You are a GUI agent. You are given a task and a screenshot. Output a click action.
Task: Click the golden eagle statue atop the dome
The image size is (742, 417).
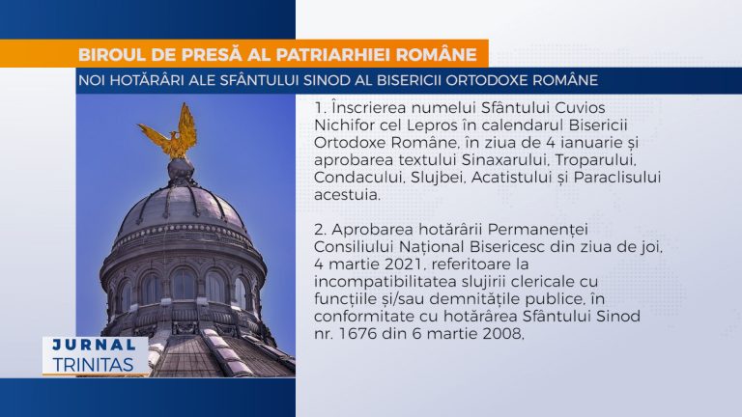tap(169, 131)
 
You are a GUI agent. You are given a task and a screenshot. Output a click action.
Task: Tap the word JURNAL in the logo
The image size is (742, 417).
tap(95, 345)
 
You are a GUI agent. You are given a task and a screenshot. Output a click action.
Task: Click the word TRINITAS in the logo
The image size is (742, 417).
tap(93, 365)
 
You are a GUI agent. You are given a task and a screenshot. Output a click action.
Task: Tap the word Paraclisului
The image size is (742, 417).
tap(617, 178)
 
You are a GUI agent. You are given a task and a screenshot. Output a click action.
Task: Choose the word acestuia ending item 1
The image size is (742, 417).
tap(347, 195)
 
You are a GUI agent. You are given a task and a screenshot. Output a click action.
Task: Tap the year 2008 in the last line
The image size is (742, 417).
tap(501, 334)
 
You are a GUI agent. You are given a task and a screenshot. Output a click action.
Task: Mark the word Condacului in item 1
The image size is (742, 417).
tap(359, 178)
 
